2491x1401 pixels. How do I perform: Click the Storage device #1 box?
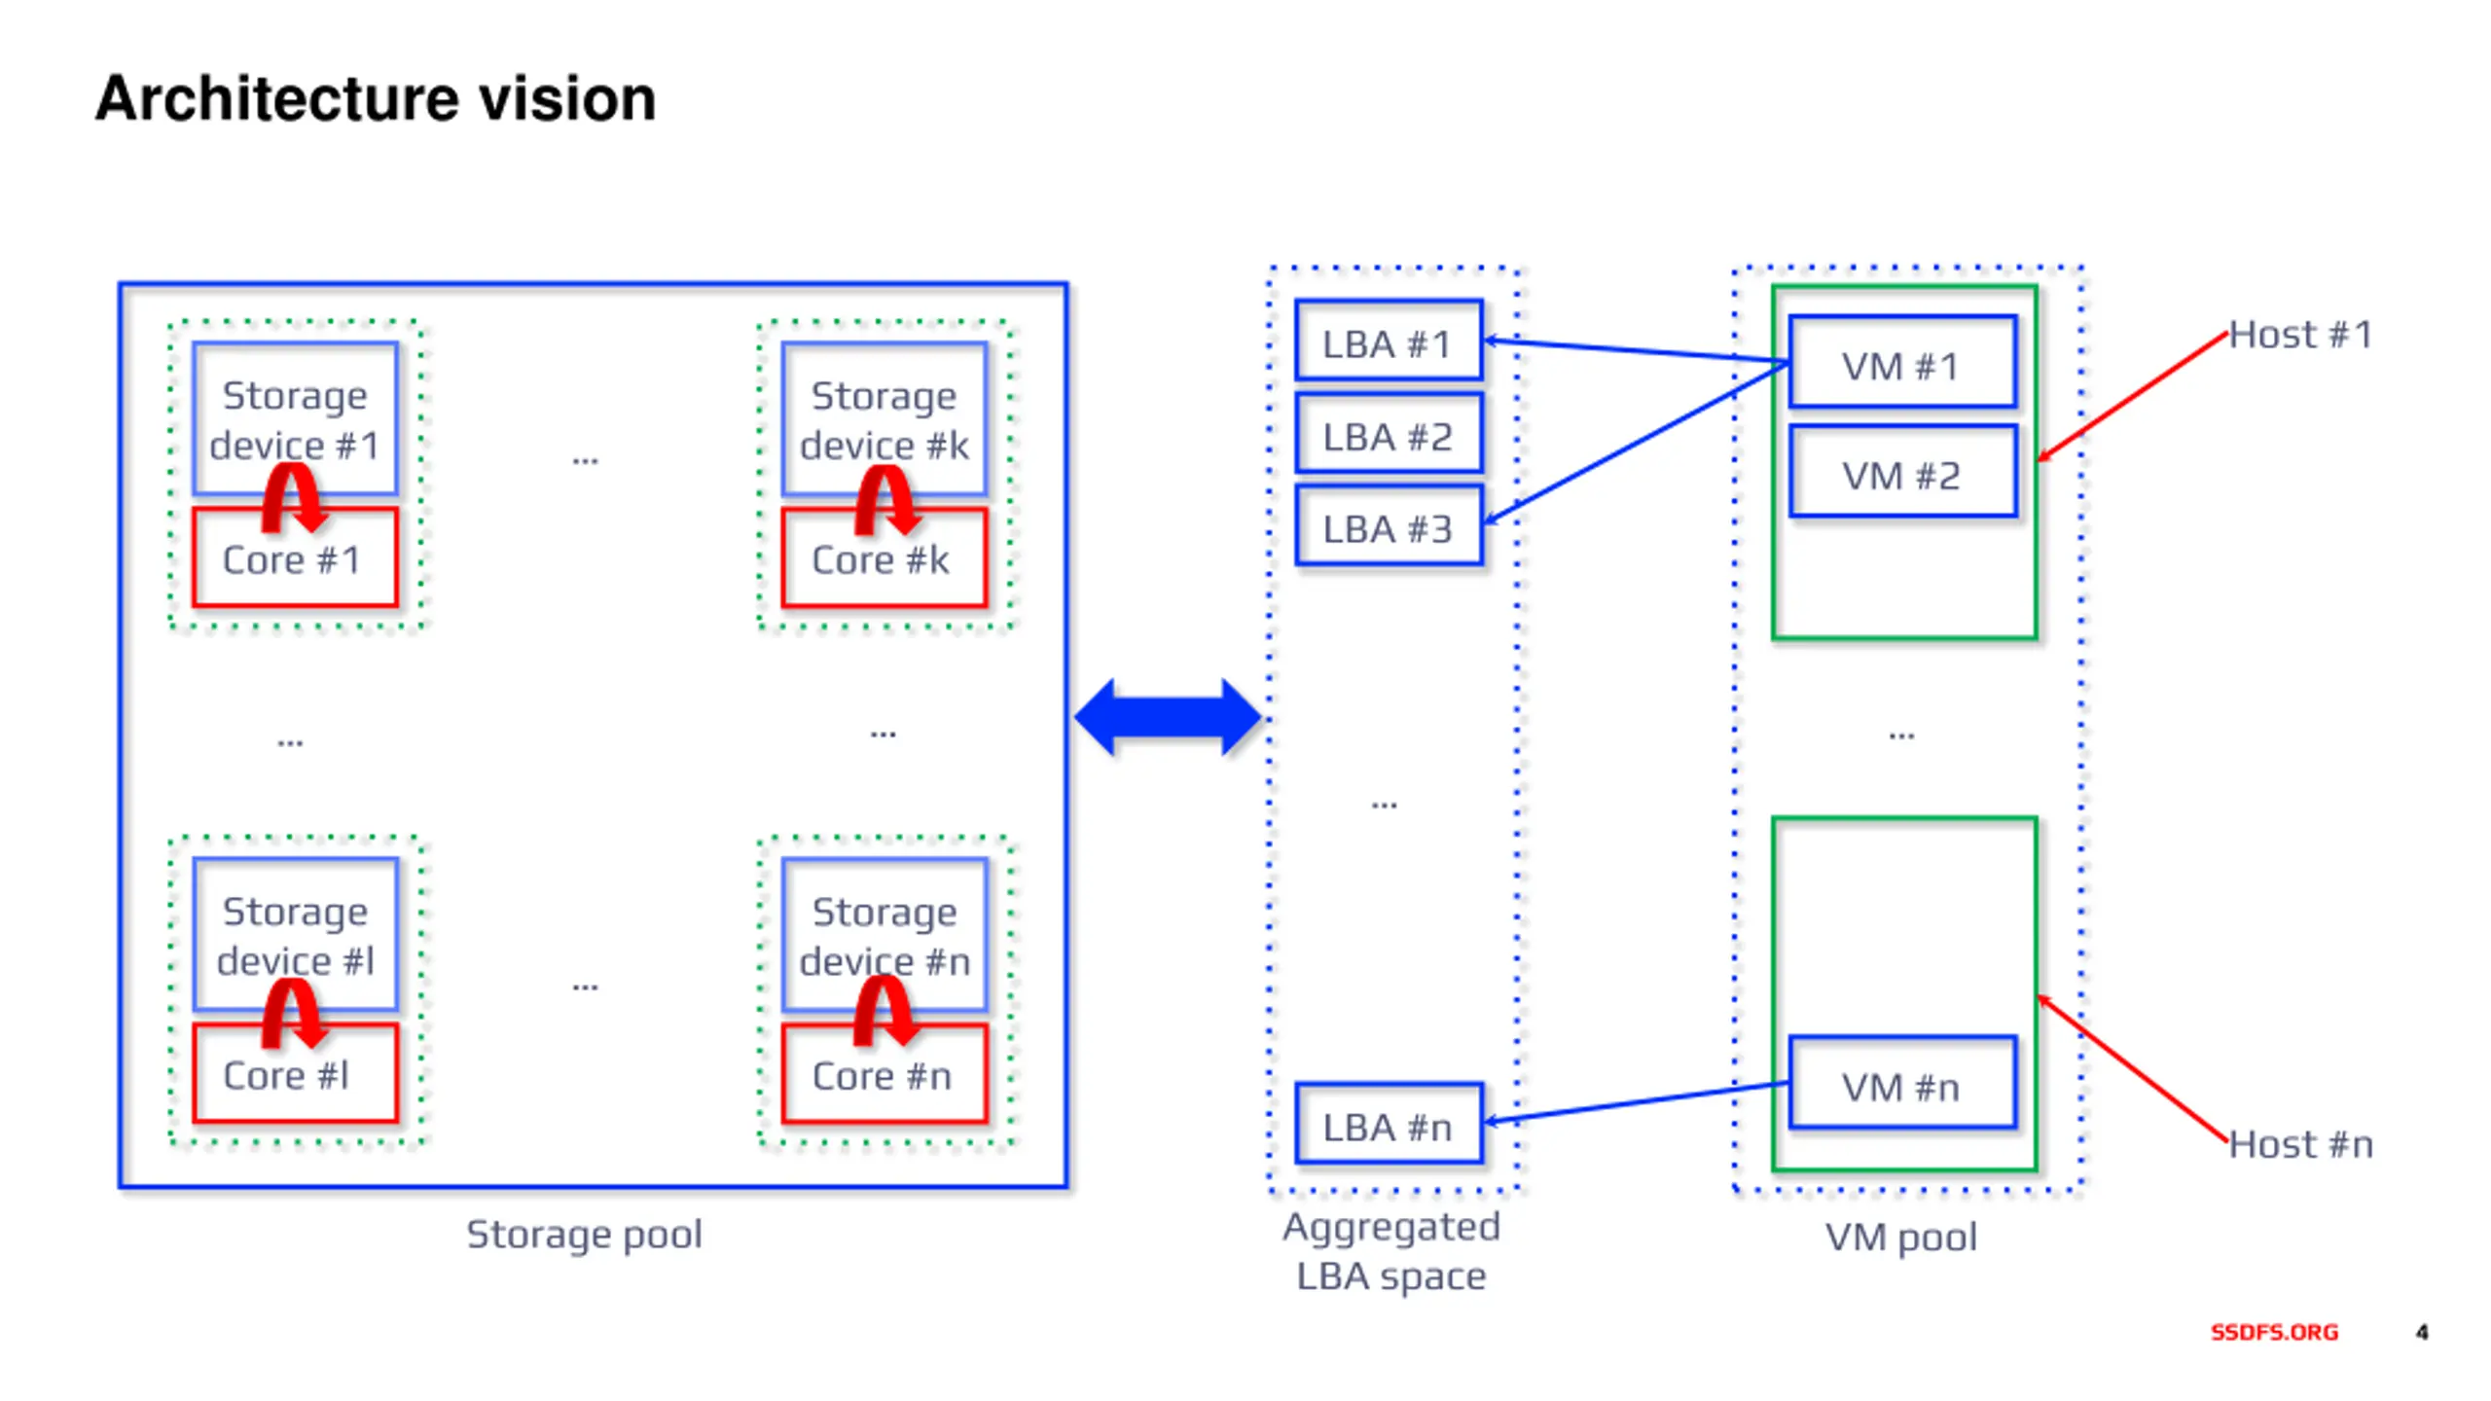tap(295, 418)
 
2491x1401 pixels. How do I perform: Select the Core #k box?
tap(884, 558)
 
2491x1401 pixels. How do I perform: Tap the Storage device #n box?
tap(884, 934)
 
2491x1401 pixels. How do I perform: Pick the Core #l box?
tap(295, 1073)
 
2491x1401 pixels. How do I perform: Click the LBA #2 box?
tap(1389, 435)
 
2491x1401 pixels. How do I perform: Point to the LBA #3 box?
tap(1389, 526)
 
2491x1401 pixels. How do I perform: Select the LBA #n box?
tap(1389, 1124)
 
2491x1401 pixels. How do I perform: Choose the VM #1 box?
tap(1902, 362)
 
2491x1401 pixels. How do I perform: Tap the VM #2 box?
tap(1902, 472)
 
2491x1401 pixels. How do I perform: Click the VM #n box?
tap(1902, 1083)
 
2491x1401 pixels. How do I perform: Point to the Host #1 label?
tap(2300, 335)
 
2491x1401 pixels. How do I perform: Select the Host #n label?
tap(2300, 1144)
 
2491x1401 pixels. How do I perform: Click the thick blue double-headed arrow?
tap(1167, 718)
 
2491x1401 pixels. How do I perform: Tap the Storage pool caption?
tap(584, 1235)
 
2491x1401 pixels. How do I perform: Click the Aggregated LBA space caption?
tap(1390, 1251)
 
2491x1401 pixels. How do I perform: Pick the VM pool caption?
tap(1900, 1238)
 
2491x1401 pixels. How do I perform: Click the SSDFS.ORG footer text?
tap(2274, 1332)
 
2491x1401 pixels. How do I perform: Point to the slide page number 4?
tap(2422, 1332)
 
